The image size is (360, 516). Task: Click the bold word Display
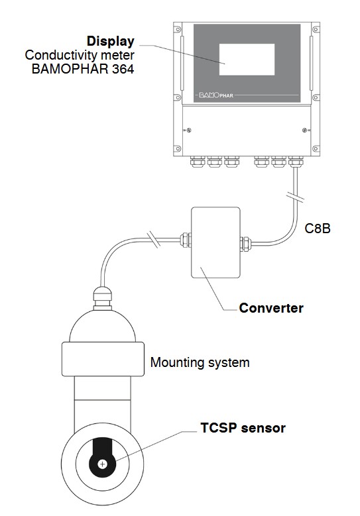(x=110, y=42)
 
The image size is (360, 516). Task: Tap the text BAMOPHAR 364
(x=83, y=69)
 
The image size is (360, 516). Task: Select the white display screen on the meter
(x=247, y=60)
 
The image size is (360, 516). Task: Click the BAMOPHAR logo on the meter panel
(x=216, y=95)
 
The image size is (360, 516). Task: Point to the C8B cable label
(x=318, y=229)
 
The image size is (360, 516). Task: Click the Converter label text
(x=271, y=308)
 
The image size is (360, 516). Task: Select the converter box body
(x=215, y=242)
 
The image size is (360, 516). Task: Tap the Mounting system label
(x=200, y=362)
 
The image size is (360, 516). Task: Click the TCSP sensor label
(x=243, y=428)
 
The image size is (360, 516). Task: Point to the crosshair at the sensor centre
(x=103, y=464)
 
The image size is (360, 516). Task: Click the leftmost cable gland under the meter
(x=198, y=162)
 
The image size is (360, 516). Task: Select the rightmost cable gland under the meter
(x=295, y=161)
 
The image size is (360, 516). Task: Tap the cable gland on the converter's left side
(x=186, y=240)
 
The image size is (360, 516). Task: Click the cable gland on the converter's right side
(x=246, y=244)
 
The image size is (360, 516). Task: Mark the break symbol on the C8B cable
(x=295, y=197)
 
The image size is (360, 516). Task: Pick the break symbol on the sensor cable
(x=154, y=239)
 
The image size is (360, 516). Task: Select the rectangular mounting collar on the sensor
(x=103, y=359)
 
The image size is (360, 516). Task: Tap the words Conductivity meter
(x=80, y=55)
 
